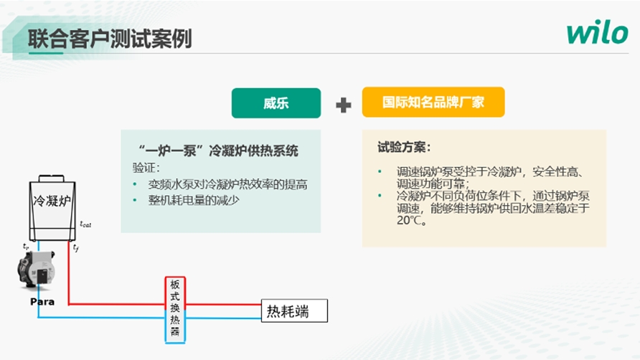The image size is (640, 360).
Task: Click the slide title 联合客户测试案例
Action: (x=110, y=39)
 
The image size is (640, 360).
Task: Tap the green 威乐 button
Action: (x=276, y=103)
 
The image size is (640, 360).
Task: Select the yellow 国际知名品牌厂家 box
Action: (x=433, y=102)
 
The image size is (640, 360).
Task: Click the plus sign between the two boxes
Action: (x=343, y=105)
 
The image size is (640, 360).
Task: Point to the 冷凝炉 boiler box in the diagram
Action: (x=52, y=208)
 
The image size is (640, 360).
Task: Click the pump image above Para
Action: (x=37, y=270)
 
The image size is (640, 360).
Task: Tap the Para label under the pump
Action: (x=42, y=302)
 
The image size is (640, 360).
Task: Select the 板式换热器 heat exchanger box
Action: (x=175, y=310)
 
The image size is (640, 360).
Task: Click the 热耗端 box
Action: (x=294, y=311)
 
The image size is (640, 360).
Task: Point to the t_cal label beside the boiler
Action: (x=85, y=224)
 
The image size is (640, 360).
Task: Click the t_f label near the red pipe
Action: (x=76, y=247)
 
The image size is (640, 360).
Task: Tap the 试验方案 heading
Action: (x=404, y=147)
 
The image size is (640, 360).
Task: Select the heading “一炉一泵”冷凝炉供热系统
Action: (x=218, y=151)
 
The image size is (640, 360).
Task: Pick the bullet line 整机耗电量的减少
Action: (x=194, y=200)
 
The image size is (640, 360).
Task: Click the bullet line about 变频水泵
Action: (x=227, y=184)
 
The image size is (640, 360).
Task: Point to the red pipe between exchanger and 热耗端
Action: (x=223, y=304)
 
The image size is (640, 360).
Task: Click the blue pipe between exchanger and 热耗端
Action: (x=223, y=318)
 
